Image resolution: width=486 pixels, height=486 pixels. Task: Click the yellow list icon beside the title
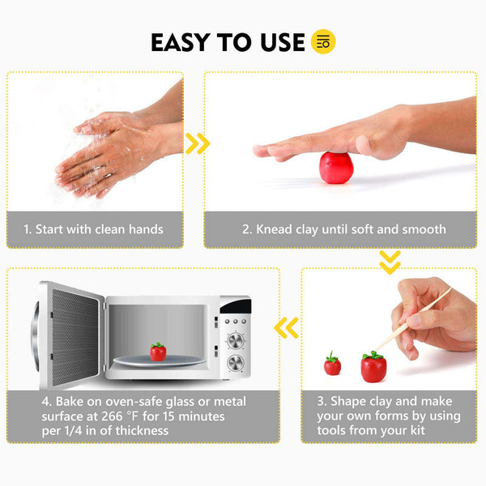323,42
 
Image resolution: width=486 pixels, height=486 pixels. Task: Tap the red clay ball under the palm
335,168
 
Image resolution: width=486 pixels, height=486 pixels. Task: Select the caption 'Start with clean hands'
94,229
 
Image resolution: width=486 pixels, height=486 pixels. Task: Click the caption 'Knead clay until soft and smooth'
344,229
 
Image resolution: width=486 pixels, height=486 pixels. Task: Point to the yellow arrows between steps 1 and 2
197,144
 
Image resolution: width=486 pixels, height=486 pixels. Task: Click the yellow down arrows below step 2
390,262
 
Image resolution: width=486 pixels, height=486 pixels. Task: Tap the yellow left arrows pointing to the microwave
286,327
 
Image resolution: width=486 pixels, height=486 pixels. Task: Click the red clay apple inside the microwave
157,352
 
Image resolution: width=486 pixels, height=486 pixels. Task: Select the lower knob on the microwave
237,362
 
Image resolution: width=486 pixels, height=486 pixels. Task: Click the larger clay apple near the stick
373,367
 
